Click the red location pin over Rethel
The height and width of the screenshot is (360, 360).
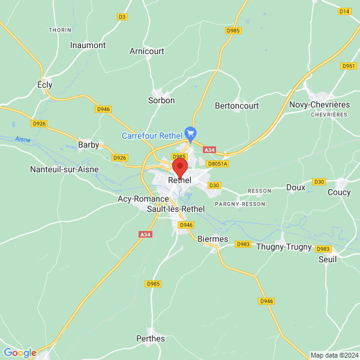click(x=180, y=167)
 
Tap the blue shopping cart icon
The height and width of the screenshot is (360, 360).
click(x=191, y=133)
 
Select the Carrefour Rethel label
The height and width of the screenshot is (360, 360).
click(x=152, y=136)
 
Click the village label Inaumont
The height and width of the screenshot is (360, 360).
click(x=88, y=45)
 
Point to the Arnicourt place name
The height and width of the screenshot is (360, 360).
click(x=147, y=51)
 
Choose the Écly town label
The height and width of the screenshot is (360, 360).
click(x=45, y=85)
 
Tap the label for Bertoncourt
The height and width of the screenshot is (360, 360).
click(x=236, y=106)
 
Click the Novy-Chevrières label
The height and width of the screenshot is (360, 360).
click(x=319, y=104)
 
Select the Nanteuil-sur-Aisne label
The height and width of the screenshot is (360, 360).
click(x=64, y=170)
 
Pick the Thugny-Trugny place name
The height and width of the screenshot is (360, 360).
click(x=284, y=247)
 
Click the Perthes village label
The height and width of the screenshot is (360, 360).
click(x=151, y=338)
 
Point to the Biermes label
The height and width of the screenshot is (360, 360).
click(x=213, y=239)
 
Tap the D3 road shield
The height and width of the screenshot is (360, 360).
click(x=122, y=17)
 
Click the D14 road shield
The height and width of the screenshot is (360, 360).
click(x=344, y=11)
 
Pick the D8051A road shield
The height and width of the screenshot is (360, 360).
click(x=217, y=163)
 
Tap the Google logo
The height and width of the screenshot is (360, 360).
click(x=20, y=353)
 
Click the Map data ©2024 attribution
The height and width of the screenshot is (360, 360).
click(x=334, y=355)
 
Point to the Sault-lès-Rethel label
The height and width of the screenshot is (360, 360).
click(x=176, y=209)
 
